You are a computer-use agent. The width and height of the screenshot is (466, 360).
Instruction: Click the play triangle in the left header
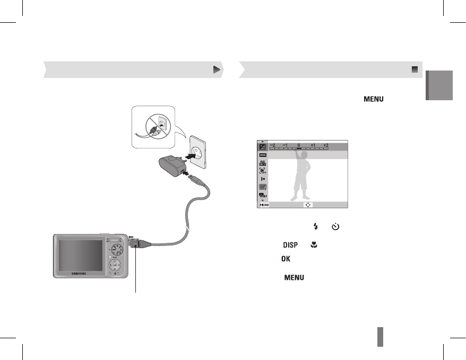217,69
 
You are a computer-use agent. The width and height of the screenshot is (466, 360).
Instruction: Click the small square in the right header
415,69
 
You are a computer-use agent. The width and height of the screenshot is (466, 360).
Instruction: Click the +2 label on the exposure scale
326,145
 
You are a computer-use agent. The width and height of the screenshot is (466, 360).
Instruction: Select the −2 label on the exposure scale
272,145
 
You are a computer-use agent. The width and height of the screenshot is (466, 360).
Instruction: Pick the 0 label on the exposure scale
299,145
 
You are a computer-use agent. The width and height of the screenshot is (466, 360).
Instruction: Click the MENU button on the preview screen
264,204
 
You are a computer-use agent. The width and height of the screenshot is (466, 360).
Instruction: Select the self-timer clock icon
335,226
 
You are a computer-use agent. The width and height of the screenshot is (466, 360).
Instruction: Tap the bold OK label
286,258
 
